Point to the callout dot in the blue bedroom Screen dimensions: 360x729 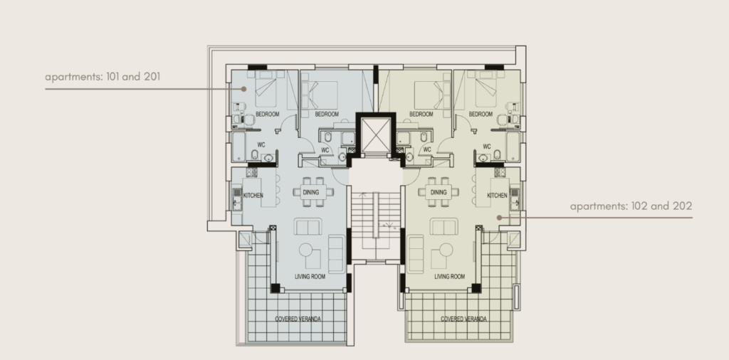tap(243, 89)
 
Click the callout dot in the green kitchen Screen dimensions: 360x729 tap(499, 218)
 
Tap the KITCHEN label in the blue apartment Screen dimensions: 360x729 tap(253, 195)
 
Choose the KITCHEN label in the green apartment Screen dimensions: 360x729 tap(497, 195)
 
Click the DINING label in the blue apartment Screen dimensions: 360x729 tap(311, 192)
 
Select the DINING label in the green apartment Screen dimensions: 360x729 tap(438, 192)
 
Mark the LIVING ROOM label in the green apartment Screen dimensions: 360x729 tap(449, 276)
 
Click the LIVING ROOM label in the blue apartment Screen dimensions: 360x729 tap(310, 276)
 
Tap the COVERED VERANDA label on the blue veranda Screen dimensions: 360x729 tap(298, 319)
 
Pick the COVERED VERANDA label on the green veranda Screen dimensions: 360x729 tap(463, 319)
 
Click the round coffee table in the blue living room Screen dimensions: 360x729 tap(308, 253)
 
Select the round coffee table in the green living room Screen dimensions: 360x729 tap(447, 253)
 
